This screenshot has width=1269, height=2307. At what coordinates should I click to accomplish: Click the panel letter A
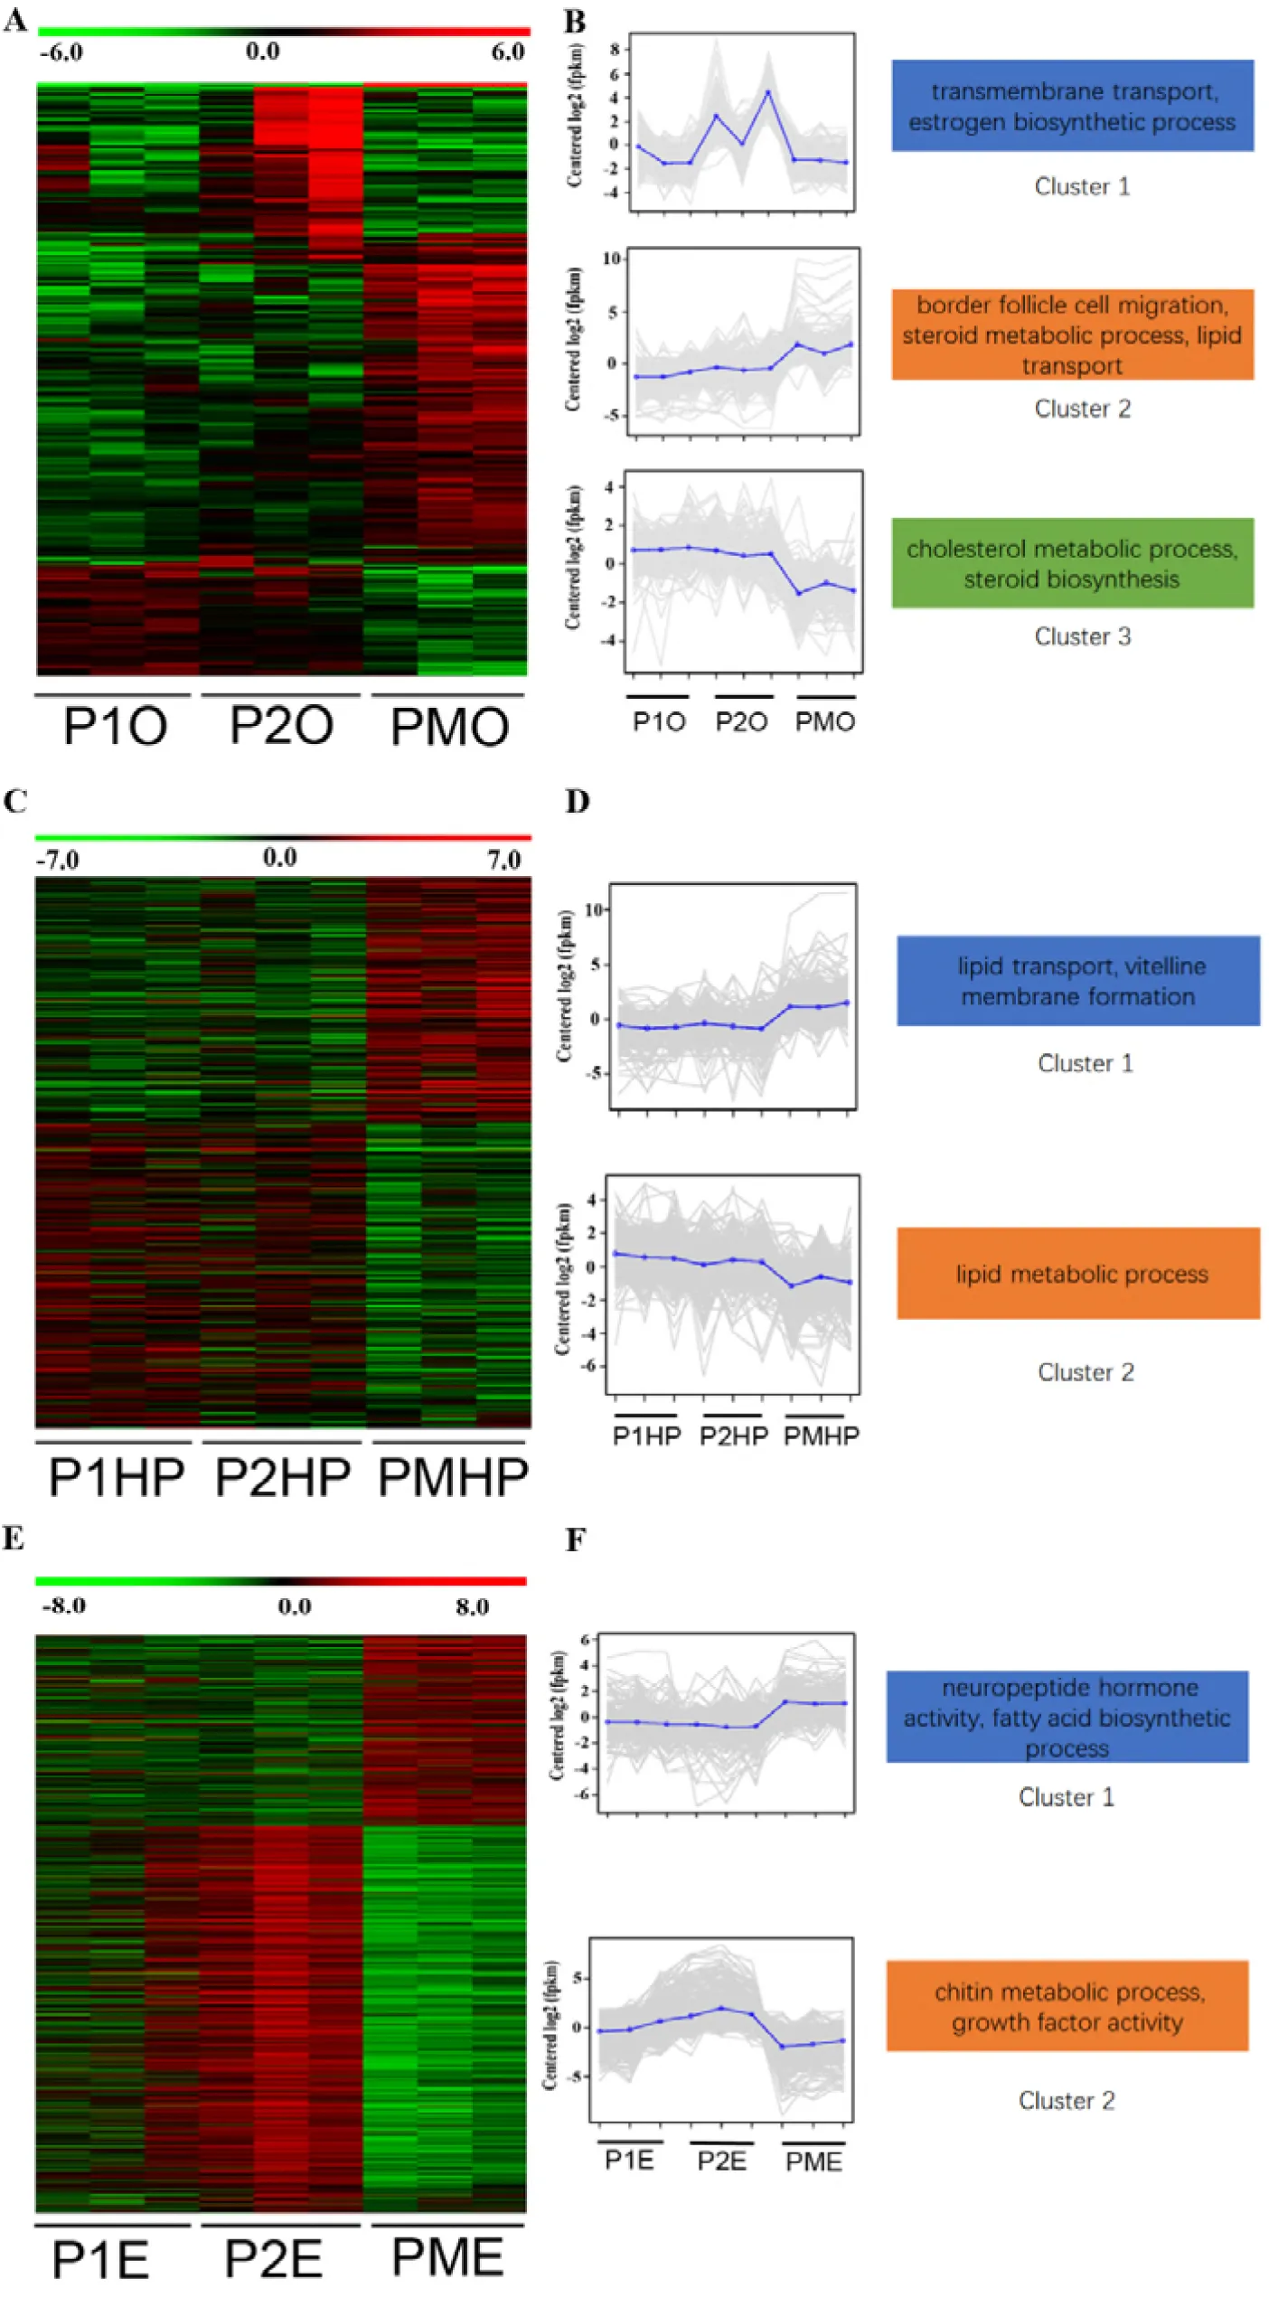pyautogui.click(x=15, y=20)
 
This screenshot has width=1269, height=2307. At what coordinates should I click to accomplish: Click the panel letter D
pyautogui.click(x=578, y=801)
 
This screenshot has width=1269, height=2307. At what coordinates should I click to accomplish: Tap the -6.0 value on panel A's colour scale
pyautogui.click(x=61, y=52)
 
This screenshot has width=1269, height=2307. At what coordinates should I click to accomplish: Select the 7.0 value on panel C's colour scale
pyautogui.click(x=503, y=859)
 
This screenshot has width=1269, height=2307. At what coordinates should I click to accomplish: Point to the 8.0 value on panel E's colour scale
pyautogui.click(x=472, y=1606)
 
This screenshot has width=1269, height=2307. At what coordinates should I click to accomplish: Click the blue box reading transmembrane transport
pyautogui.click(x=1072, y=106)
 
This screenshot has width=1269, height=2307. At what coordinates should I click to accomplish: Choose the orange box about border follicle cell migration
pyautogui.click(x=1072, y=334)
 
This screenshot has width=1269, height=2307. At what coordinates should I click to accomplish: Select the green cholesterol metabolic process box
pyautogui.click(x=1072, y=563)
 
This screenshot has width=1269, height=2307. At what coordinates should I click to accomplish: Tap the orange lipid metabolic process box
pyautogui.click(x=1078, y=1274)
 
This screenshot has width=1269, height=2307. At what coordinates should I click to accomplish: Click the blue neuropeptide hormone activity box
pyautogui.click(x=1067, y=1717)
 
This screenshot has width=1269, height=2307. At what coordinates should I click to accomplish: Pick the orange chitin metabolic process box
pyautogui.click(x=1067, y=2006)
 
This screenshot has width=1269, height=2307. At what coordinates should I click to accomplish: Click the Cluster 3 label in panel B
pyautogui.click(x=1082, y=636)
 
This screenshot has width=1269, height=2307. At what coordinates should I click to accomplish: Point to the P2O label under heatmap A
pyautogui.click(x=281, y=726)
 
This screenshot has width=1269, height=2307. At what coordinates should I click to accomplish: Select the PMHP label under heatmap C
pyautogui.click(x=452, y=1477)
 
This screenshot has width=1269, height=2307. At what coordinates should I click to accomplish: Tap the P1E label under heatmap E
pyautogui.click(x=100, y=2259)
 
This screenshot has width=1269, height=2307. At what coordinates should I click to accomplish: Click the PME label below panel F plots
pyautogui.click(x=813, y=2161)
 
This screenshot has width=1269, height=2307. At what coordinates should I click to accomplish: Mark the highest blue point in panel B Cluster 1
pyautogui.click(x=767, y=92)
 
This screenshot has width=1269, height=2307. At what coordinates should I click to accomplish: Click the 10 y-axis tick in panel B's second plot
pyautogui.click(x=611, y=259)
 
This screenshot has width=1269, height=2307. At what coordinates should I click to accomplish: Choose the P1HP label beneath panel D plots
pyautogui.click(x=646, y=1436)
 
